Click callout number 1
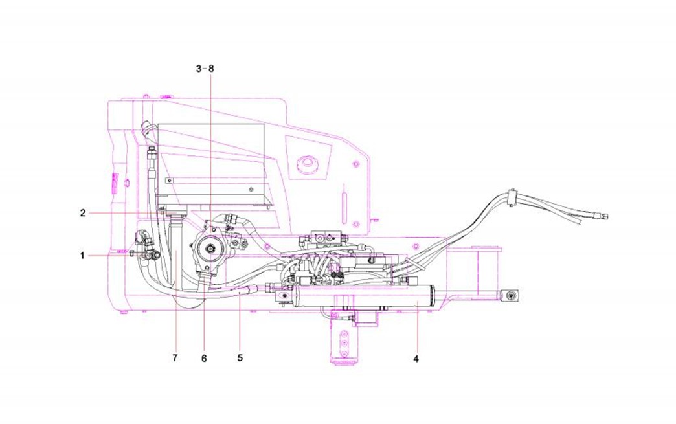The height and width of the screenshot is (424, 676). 82,256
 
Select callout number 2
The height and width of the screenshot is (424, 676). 83,212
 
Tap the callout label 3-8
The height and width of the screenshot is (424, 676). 204,68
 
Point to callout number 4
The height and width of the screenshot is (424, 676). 416,358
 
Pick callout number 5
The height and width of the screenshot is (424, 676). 240,357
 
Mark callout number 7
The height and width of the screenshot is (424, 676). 175,357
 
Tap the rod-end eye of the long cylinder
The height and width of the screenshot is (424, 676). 512,296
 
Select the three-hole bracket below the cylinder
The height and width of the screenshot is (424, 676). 344,339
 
